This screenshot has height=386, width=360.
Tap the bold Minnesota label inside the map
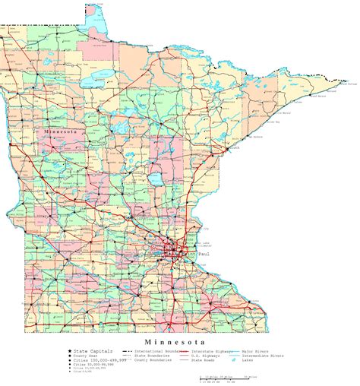pos(62,131)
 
